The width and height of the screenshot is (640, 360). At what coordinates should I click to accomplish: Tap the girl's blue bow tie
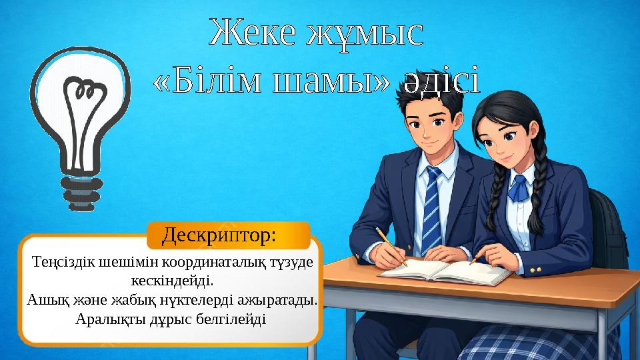tap(519, 188)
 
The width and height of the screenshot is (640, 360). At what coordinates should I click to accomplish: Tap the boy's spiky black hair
tap(427, 100)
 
